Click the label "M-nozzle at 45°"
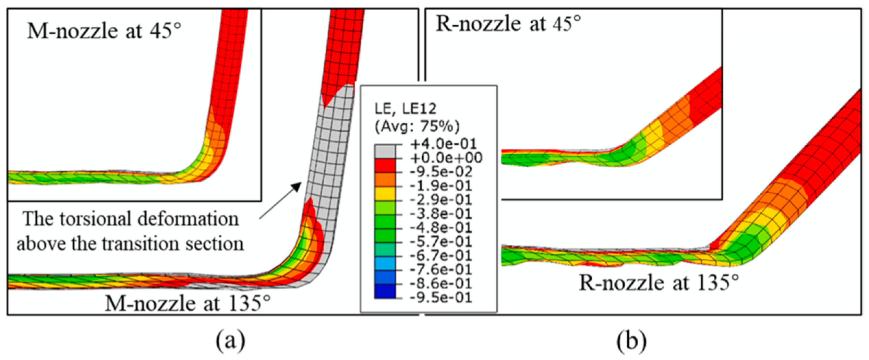click(x=104, y=32)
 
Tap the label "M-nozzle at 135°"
click(x=188, y=303)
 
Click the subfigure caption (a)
click(x=231, y=341)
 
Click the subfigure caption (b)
click(x=631, y=341)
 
